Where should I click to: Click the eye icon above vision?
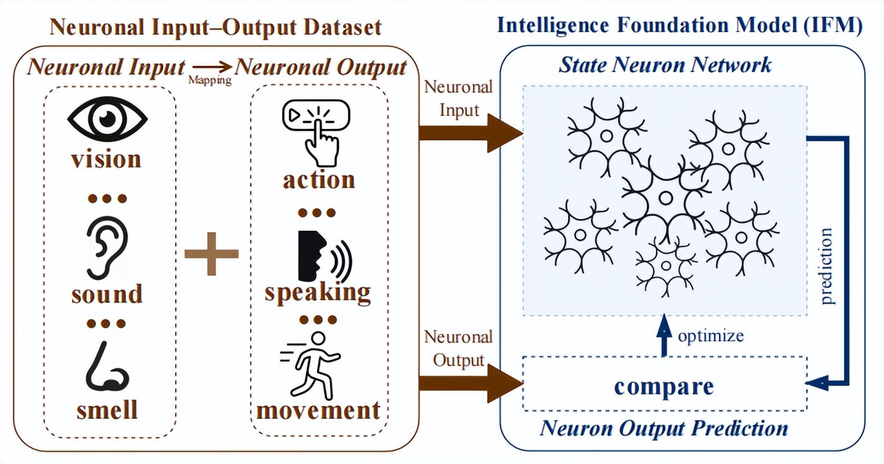tap(107, 119)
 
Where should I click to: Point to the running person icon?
tap(313, 365)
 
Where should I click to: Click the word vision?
tap(106, 159)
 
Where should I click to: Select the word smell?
tap(107, 409)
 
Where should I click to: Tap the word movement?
tap(318, 410)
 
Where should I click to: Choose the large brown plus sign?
tap(211, 253)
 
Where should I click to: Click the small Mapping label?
tap(209, 81)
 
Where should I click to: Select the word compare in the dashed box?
tap(664, 386)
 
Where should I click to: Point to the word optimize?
tap(710, 336)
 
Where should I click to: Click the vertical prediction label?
tap(827, 266)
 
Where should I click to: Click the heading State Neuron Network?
tap(665, 64)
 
